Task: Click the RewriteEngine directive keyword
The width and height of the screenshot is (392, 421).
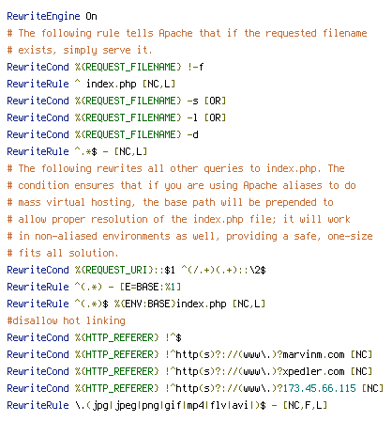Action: tap(43, 17)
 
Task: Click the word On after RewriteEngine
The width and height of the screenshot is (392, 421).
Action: tap(91, 16)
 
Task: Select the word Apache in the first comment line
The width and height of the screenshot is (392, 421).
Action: tap(175, 33)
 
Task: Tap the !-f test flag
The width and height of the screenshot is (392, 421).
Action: tap(196, 67)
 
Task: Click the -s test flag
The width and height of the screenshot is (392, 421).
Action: tap(192, 101)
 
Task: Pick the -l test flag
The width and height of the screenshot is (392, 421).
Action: tap(192, 117)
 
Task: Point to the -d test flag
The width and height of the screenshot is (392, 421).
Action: tap(192, 134)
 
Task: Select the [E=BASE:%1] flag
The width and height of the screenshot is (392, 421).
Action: tap(150, 287)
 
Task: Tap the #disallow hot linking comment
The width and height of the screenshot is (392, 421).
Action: tap(66, 320)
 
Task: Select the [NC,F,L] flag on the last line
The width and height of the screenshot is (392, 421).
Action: tap(305, 405)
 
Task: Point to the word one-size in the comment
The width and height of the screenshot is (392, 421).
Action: tap(350, 236)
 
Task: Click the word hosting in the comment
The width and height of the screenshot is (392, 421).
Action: tap(113, 202)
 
